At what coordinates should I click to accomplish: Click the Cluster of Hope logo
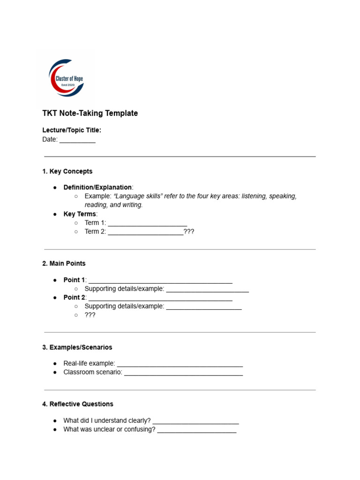pyautogui.click(x=66, y=78)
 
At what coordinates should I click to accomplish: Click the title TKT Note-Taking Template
pyautogui.click(x=90, y=113)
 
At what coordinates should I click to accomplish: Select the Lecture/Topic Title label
pyautogui.click(x=72, y=130)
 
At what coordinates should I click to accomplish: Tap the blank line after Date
pyautogui.click(x=77, y=140)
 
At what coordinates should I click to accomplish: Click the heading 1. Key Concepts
pyautogui.click(x=67, y=172)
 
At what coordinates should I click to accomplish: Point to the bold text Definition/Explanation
pyautogui.click(x=97, y=187)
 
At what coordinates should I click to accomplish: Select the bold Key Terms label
pyautogui.click(x=80, y=214)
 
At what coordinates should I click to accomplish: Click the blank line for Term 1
pyautogui.click(x=147, y=223)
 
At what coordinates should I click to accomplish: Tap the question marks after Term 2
pyautogui.click(x=188, y=232)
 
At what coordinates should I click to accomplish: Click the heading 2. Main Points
pyautogui.click(x=64, y=264)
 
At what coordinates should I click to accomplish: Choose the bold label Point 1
pyautogui.click(x=74, y=280)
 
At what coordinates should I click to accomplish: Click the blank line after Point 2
pyautogui.click(x=160, y=298)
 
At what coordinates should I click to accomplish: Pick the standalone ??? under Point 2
pyautogui.click(x=90, y=315)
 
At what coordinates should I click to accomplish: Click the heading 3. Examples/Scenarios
pyautogui.click(x=77, y=348)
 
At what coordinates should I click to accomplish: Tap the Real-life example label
pyautogui.click(x=89, y=364)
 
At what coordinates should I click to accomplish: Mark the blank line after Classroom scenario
pyautogui.click(x=183, y=373)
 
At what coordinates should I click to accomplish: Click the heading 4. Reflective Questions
pyautogui.click(x=77, y=404)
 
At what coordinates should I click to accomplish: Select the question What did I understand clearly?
pyautogui.click(x=107, y=420)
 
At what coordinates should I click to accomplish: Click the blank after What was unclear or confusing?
pyautogui.click(x=197, y=430)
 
